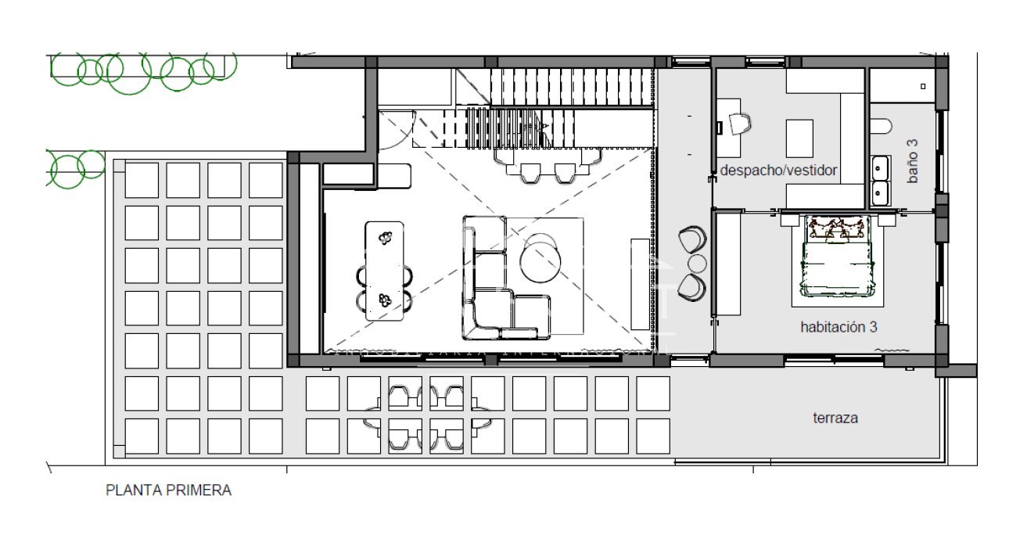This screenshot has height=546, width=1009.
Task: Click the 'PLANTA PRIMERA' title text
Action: point(168,490)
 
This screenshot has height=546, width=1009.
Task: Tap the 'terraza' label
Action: point(835,418)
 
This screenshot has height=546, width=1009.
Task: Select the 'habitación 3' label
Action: point(838,327)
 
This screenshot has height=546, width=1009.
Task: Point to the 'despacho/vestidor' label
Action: point(778,170)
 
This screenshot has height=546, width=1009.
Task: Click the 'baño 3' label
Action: point(912,162)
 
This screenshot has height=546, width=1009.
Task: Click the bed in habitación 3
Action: point(835,256)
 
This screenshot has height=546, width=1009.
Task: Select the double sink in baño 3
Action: point(881,180)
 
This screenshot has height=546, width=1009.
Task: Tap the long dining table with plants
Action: point(384,270)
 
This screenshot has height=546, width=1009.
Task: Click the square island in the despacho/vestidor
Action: point(799,138)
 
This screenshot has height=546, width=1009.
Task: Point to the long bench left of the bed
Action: point(728,264)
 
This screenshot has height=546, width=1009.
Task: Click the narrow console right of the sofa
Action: point(639,284)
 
